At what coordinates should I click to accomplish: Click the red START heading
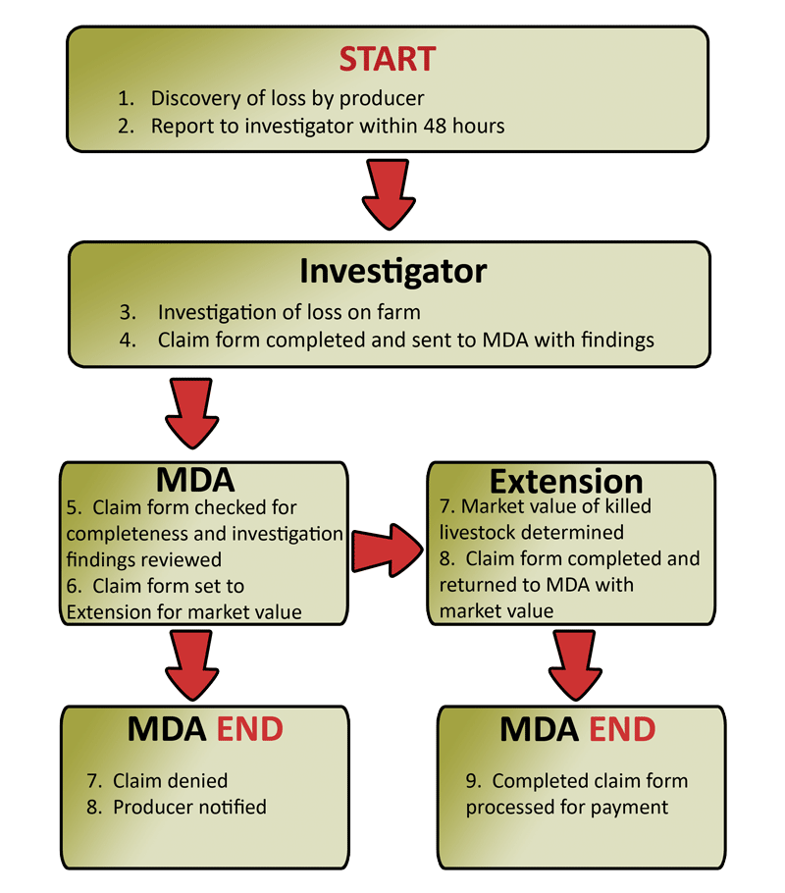tap(388, 59)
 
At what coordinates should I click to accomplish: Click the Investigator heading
tap(392, 271)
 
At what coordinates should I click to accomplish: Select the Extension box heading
tap(566, 481)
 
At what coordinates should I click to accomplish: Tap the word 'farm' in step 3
tap(399, 313)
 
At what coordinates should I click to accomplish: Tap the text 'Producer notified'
tap(189, 808)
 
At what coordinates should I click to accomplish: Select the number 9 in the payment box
tap(472, 781)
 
